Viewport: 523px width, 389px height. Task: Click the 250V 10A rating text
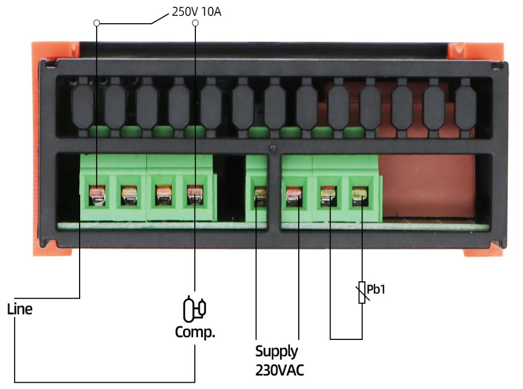196,11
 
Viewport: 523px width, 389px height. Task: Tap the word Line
19,309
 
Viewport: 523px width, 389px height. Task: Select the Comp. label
195,331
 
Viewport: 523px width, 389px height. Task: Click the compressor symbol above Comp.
195,307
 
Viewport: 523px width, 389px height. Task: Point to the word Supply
276,351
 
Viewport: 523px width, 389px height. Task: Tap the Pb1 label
376,290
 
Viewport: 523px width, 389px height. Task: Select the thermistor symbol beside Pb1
362,293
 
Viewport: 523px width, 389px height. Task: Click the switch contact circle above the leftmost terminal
97,24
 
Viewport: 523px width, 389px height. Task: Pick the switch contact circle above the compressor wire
195,23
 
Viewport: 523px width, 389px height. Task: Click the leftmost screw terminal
97,196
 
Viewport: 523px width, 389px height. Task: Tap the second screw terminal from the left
129,196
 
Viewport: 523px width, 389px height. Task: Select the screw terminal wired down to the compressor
195,196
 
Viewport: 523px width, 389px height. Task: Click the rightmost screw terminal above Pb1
358,196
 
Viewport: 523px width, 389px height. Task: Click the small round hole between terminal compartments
273,149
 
